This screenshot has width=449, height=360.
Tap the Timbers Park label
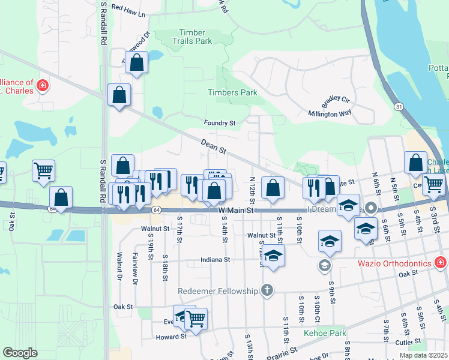[232, 93]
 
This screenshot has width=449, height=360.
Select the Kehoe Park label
[325, 333]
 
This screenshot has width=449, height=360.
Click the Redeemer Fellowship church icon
[268, 291]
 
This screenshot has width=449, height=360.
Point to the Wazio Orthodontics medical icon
[440, 263]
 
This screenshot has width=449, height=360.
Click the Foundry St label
[220, 123]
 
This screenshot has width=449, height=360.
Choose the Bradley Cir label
[336, 99]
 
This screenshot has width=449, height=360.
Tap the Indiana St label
[215, 260]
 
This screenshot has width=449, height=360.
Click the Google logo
[20, 353]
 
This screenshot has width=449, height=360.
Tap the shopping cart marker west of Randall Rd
[43, 170]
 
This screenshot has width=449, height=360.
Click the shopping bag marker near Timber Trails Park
[137, 62]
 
